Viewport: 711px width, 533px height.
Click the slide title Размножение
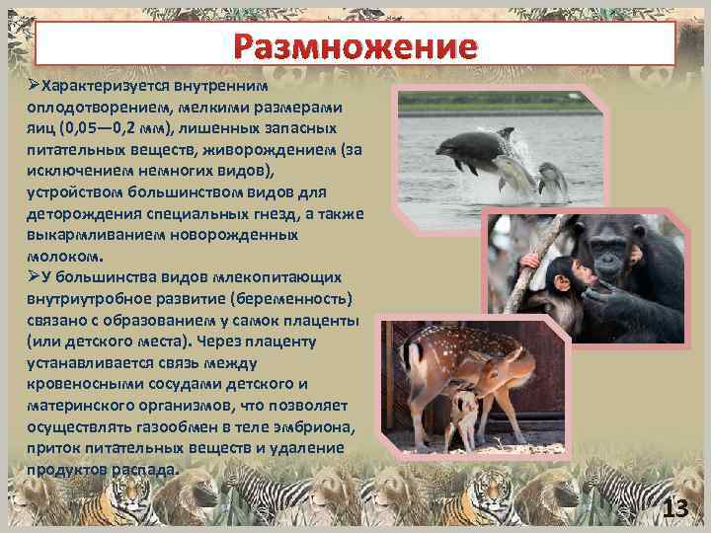click(355, 45)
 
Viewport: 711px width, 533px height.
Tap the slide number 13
click(674, 509)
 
